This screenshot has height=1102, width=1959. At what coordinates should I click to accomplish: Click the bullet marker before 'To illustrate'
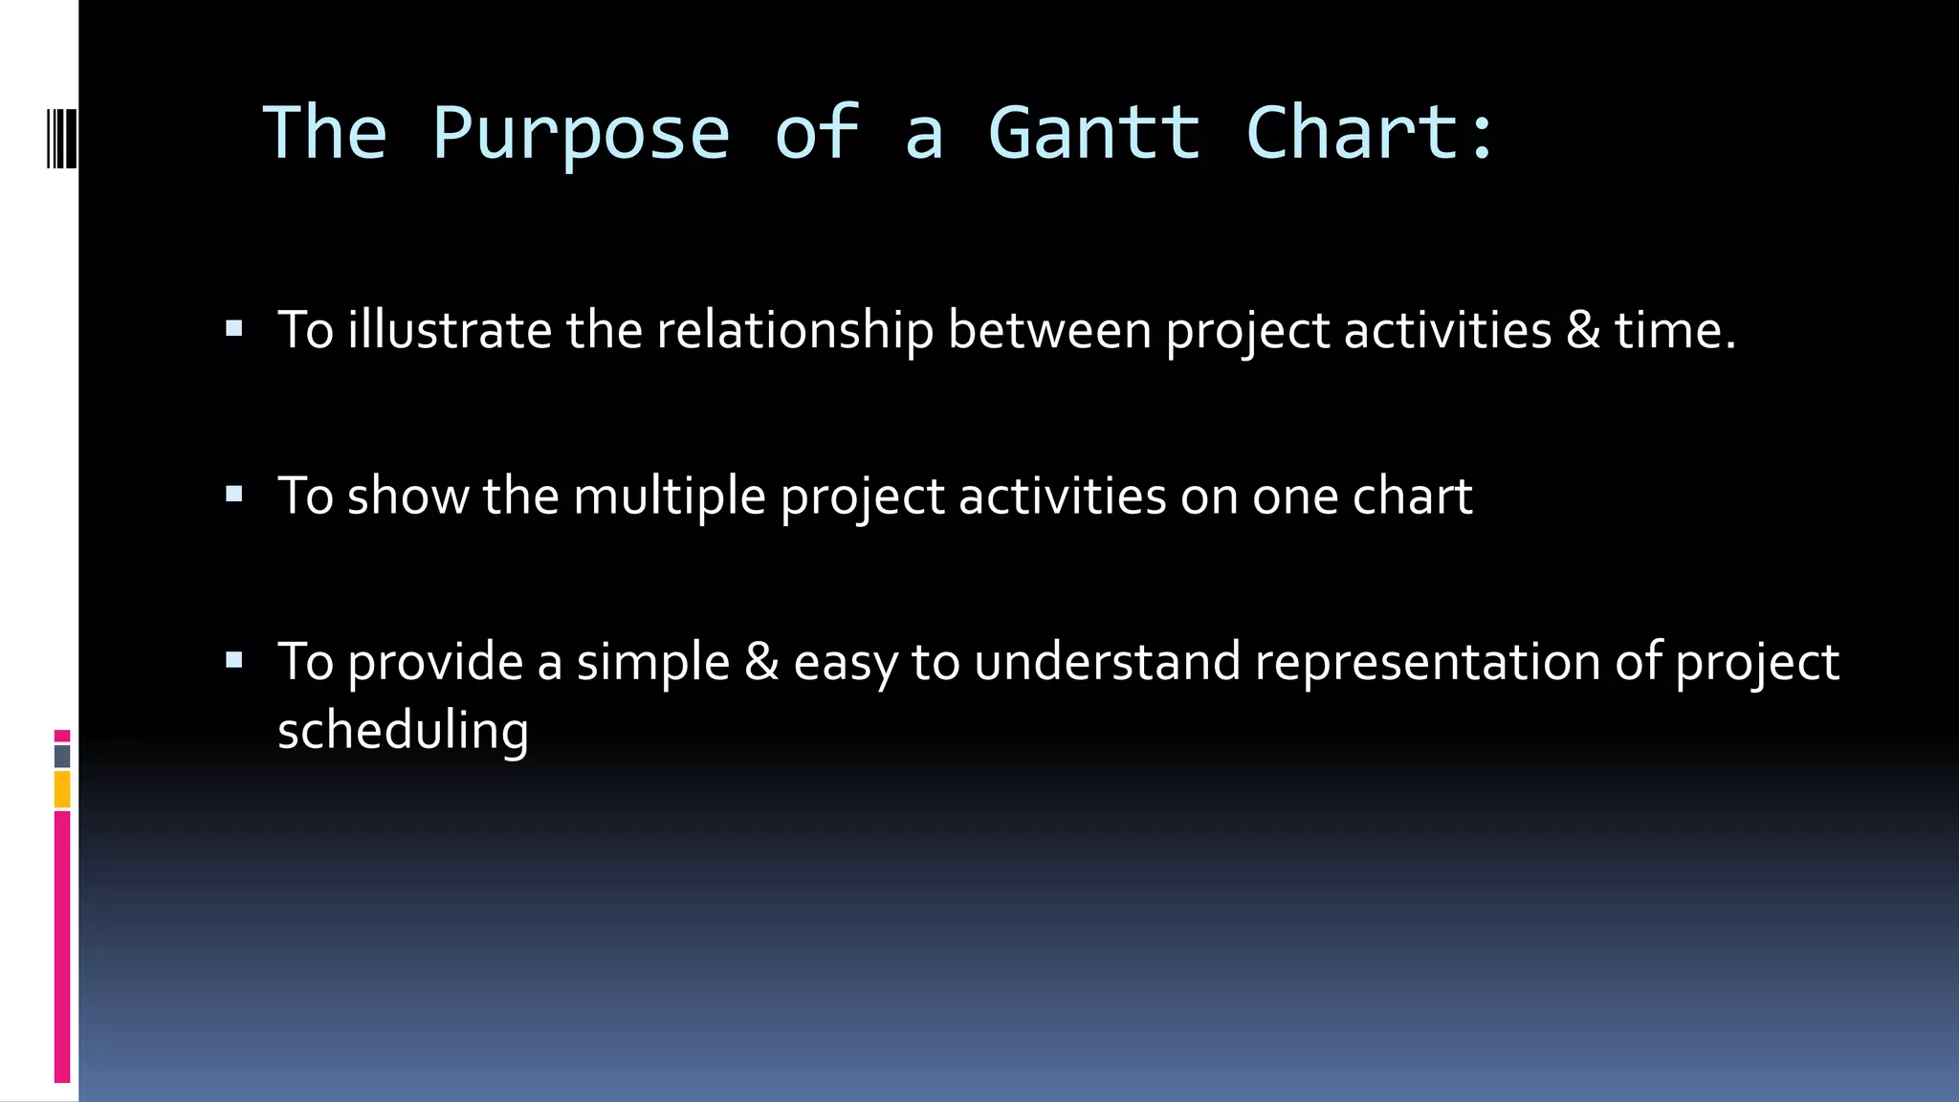click(234, 330)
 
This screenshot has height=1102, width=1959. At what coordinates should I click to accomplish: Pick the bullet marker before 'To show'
click(234, 495)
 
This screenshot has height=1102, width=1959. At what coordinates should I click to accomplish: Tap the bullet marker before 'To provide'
click(234, 660)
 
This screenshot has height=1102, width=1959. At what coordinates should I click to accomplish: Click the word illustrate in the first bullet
click(449, 330)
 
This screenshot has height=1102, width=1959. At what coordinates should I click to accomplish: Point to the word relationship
click(794, 330)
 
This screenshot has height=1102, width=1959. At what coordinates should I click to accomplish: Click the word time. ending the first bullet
click(1675, 330)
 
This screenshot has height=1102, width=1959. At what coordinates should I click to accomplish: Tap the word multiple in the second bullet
click(669, 496)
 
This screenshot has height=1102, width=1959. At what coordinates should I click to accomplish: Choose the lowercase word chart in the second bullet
click(1412, 496)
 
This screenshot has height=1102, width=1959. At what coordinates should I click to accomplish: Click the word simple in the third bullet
click(652, 662)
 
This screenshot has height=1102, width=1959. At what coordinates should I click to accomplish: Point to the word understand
click(1107, 662)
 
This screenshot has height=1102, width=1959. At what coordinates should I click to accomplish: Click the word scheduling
click(403, 731)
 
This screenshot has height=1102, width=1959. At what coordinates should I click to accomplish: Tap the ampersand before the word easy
click(761, 662)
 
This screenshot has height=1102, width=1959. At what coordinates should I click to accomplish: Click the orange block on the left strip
click(62, 790)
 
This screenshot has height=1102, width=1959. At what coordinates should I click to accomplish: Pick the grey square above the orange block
click(62, 757)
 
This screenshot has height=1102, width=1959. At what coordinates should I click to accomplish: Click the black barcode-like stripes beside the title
click(60, 139)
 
